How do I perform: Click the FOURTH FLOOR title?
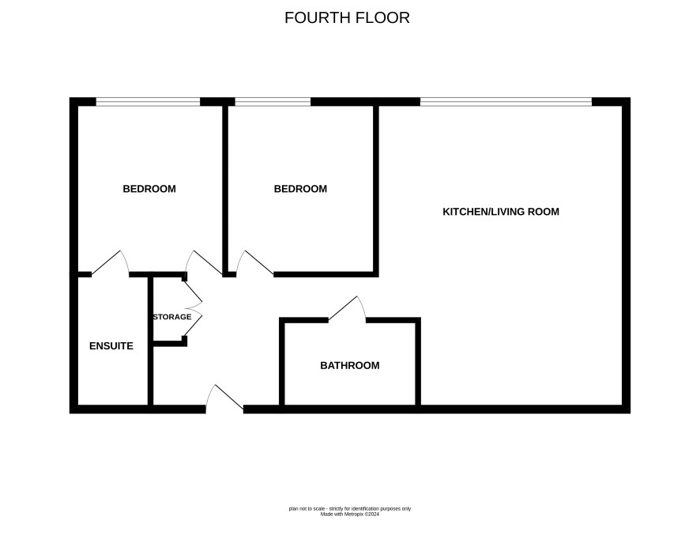pos(347,18)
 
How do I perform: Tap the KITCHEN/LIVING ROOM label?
pos(500,212)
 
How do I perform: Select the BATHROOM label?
pos(349,365)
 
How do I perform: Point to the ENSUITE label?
pos(111,346)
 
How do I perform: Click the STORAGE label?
pos(172,317)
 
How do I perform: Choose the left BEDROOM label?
pos(149,189)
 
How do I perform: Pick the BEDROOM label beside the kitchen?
pos(300,189)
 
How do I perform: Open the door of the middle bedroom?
pos(254,262)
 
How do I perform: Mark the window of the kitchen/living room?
pos(506,102)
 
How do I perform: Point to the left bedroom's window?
pos(148,102)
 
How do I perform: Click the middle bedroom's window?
pos(273,102)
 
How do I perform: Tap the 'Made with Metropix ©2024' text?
pos(349,514)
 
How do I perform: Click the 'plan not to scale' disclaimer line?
pos(349,509)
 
